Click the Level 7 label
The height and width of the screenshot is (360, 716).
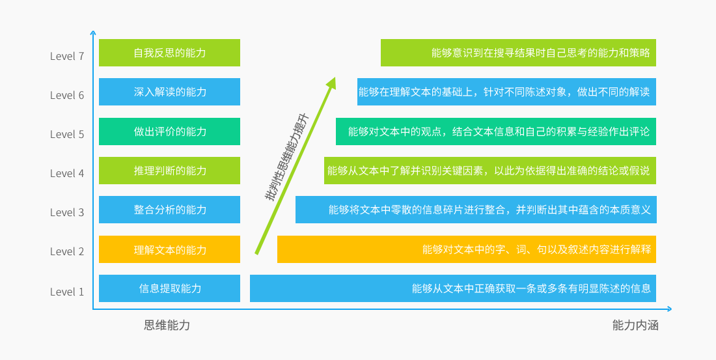click(67, 56)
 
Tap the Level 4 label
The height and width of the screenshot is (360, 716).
click(67, 173)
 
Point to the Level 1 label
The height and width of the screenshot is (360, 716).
click(67, 292)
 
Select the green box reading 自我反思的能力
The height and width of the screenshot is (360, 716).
click(169, 53)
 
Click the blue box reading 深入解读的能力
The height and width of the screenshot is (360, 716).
click(169, 92)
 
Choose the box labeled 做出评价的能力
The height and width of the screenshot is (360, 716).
click(169, 132)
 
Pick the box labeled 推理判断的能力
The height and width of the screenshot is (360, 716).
click(169, 171)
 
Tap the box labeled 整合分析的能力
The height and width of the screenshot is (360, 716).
click(169, 210)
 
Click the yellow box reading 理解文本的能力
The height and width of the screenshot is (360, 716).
click(169, 249)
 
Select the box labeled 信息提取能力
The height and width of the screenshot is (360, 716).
click(169, 288)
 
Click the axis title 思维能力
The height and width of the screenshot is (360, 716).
click(167, 325)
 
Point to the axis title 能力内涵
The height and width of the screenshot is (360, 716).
click(635, 325)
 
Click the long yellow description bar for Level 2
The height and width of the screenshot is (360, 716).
click(466, 249)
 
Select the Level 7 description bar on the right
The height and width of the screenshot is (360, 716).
click(518, 53)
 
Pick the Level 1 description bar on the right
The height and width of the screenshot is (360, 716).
click(452, 288)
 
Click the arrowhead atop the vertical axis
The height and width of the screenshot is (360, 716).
click(93, 32)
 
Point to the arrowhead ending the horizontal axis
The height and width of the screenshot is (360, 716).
click(668, 309)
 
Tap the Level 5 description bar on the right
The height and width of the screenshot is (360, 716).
click(495, 132)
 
